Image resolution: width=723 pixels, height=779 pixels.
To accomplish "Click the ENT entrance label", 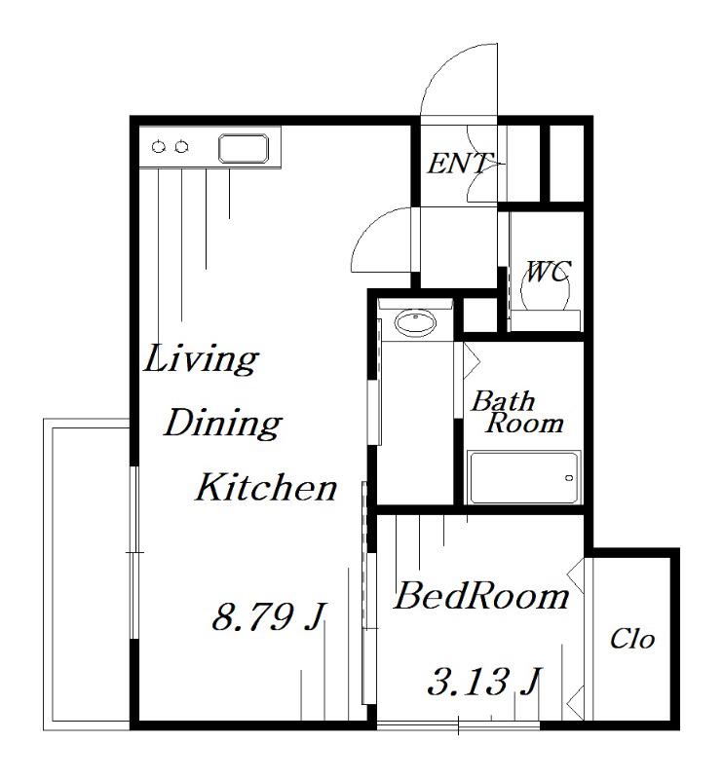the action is click(x=460, y=164).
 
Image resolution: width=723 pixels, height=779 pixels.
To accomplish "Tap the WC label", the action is click(x=548, y=272).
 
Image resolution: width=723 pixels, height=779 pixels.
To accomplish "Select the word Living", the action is click(x=201, y=359).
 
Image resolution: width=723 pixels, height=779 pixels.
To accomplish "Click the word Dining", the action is click(x=223, y=425).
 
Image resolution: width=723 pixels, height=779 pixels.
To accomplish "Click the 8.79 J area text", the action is click(x=269, y=616).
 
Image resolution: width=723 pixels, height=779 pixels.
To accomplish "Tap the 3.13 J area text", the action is click(x=483, y=681).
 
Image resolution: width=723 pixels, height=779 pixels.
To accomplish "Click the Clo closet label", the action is click(x=632, y=639).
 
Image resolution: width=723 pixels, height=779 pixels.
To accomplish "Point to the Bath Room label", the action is click(x=517, y=412).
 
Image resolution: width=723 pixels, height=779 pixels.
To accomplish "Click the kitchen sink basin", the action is click(x=244, y=149).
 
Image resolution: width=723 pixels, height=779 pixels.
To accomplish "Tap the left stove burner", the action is click(x=159, y=147).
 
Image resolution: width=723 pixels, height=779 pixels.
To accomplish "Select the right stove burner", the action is click(x=181, y=147).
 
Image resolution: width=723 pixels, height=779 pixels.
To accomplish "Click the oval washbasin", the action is click(x=415, y=323).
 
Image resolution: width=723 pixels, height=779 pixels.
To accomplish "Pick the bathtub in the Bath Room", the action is click(x=524, y=477).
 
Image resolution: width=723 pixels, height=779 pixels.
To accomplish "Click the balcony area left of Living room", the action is click(x=87, y=575).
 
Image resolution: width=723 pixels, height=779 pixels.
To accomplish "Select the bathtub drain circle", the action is click(x=569, y=478).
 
